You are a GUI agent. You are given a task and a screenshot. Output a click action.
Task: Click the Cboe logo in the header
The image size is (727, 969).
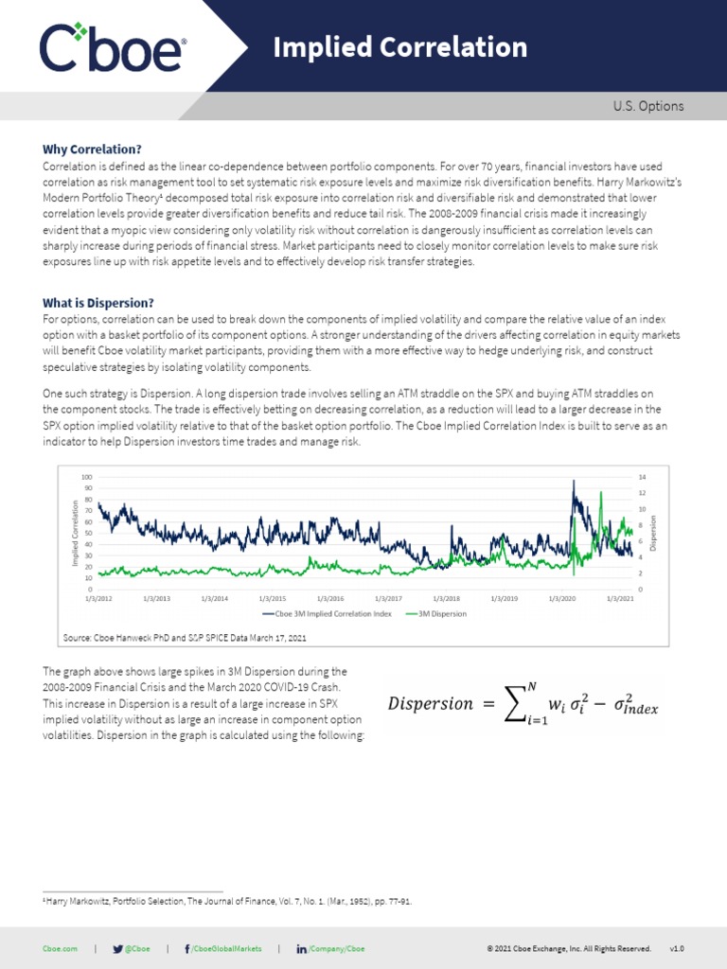[x=112, y=47]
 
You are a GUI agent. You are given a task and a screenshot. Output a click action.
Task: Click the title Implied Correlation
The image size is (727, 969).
[x=399, y=47]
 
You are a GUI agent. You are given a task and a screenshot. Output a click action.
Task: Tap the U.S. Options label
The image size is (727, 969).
[x=647, y=107]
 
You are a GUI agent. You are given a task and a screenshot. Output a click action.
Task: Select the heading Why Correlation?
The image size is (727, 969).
[x=92, y=150]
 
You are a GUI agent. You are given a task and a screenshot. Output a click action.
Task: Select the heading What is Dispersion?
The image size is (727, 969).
[x=98, y=303]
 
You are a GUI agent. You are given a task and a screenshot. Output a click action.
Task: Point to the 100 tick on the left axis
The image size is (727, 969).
[x=87, y=477]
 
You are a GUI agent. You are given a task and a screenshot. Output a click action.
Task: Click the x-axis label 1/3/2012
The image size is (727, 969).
[x=98, y=599]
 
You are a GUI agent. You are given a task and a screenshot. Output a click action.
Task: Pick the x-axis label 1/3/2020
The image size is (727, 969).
[x=561, y=599]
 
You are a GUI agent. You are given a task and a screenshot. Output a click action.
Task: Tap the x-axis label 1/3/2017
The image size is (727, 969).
[x=388, y=599]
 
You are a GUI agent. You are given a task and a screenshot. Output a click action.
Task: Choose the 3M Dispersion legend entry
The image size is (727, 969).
[x=438, y=613]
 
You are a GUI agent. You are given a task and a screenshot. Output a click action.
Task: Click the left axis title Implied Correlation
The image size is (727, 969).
[x=75, y=533]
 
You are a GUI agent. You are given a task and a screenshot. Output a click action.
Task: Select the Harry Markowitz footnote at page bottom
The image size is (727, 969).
[x=227, y=902]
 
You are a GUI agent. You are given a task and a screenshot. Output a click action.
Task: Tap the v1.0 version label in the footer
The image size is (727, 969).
[x=676, y=948]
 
